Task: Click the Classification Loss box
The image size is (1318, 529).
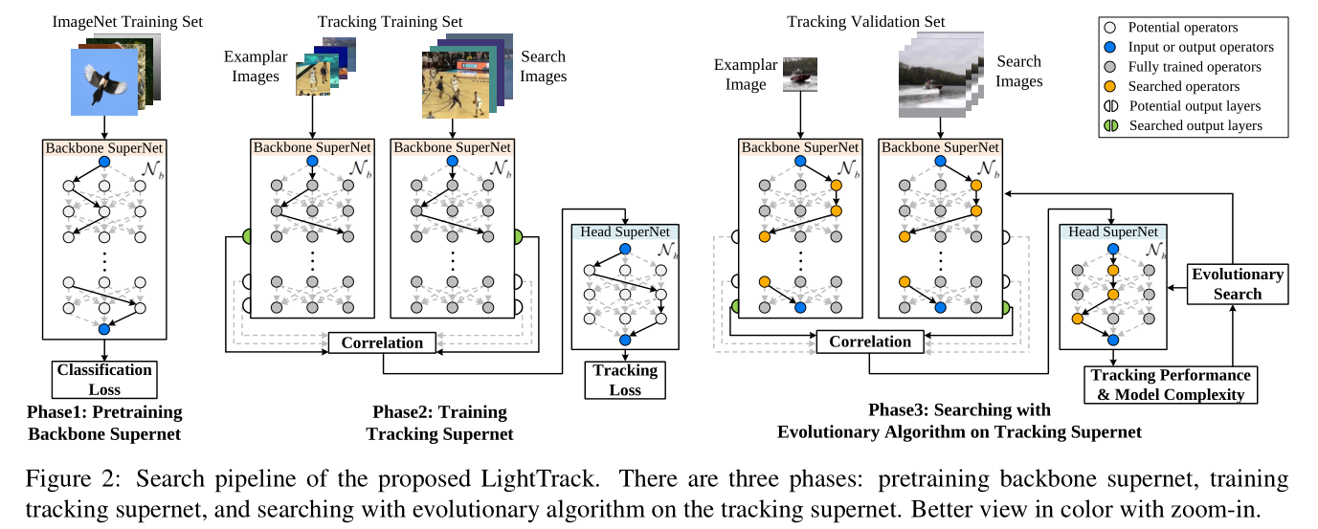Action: [104, 379]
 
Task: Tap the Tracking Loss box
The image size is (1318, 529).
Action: [625, 379]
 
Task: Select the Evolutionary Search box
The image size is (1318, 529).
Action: [1237, 284]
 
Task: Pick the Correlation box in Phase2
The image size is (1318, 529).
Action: [382, 342]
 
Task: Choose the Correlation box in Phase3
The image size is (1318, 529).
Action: [870, 342]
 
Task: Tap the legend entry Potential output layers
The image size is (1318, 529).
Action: [1208, 105]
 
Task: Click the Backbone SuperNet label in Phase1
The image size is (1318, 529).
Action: [104, 148]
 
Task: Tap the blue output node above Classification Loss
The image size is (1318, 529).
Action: [104, 329]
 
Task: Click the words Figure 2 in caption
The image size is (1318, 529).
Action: [68, 477]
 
